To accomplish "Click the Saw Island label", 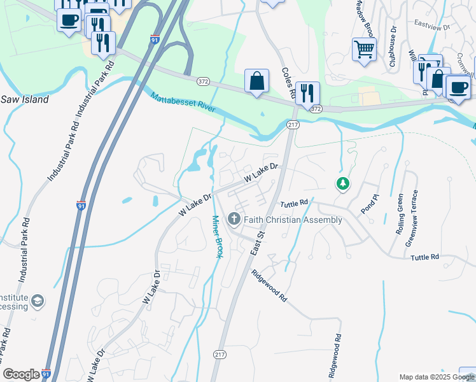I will tap(24, 100).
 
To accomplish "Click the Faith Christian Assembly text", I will tap(292, 220).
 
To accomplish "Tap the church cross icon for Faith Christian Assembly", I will tap(234, 220).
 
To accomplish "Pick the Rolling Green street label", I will tap(400, 215).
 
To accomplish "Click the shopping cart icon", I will tap(364, 48).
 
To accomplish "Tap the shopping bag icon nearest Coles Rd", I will tap(256, 81).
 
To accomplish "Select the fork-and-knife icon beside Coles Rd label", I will tap(307, 93).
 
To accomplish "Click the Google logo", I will tap(21, 374).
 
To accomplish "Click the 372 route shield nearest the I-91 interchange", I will tap(203, 81).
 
